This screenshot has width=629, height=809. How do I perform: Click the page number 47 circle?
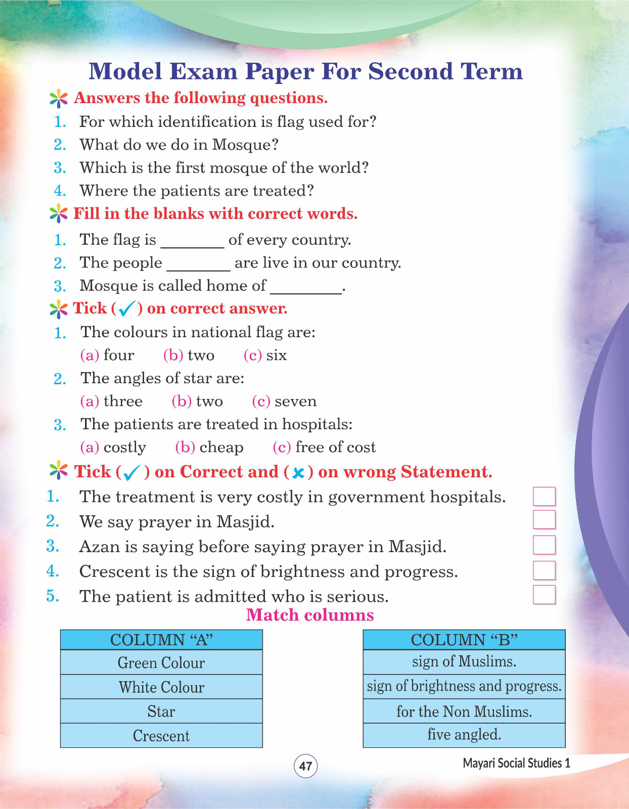click(305, 766)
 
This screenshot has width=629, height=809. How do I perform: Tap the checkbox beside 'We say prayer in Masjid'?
click(545, 520)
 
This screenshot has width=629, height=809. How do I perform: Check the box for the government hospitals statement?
click(545, 496)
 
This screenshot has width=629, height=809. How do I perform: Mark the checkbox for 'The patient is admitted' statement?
click(545, 595)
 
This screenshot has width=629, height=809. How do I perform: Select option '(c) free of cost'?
click(324, 447)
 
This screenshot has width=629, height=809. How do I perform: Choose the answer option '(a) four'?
click(107, 355)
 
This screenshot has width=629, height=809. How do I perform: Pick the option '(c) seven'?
click(284, 401)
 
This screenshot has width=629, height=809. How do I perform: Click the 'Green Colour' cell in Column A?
click(161, 662)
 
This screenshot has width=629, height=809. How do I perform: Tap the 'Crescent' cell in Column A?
click(161, 736)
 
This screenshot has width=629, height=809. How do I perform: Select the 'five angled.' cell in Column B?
click(464, 735)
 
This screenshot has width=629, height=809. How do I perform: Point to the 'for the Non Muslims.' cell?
click(464, 711)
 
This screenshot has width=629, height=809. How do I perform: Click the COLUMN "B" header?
click(464, 640)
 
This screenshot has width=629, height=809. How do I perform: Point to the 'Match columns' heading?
click(310, 615)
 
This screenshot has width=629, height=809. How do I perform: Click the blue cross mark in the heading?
click(298, 473)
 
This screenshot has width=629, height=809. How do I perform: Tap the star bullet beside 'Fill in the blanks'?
click(59, 214)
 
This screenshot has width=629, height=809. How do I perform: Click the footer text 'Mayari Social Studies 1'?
click(516, 763)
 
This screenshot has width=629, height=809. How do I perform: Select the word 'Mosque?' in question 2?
click(245, 145)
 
